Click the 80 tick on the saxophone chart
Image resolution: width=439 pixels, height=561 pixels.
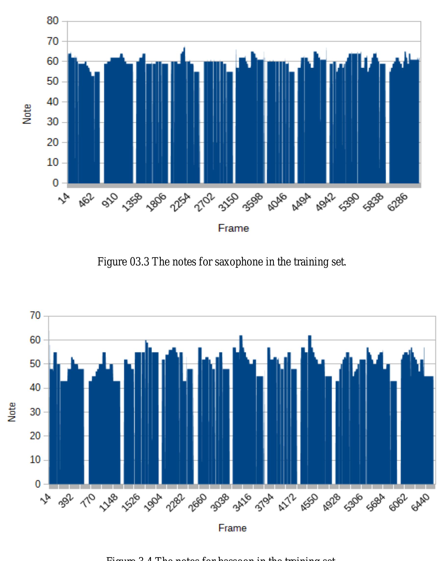tap(52, 21)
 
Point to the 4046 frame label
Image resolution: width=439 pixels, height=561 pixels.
tap(277, 203)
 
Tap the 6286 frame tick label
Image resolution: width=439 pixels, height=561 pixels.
tap(398, 203)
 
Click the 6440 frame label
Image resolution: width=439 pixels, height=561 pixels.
tap(420, 503)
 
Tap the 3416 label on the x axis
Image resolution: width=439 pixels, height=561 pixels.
tap(242, 503)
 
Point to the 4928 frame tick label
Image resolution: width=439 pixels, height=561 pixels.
tap(331, 503)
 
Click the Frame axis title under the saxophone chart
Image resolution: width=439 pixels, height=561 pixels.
tap(234, 228)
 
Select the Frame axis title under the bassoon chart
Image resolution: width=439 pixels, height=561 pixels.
tap(232, 528)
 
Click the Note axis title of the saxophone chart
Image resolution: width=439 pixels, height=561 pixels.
tap(27, 114)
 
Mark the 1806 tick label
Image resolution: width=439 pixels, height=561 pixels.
tap(156, 203)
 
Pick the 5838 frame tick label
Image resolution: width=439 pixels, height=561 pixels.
tap(373, 203)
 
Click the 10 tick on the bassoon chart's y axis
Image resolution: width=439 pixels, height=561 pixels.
tap(36, 460)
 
